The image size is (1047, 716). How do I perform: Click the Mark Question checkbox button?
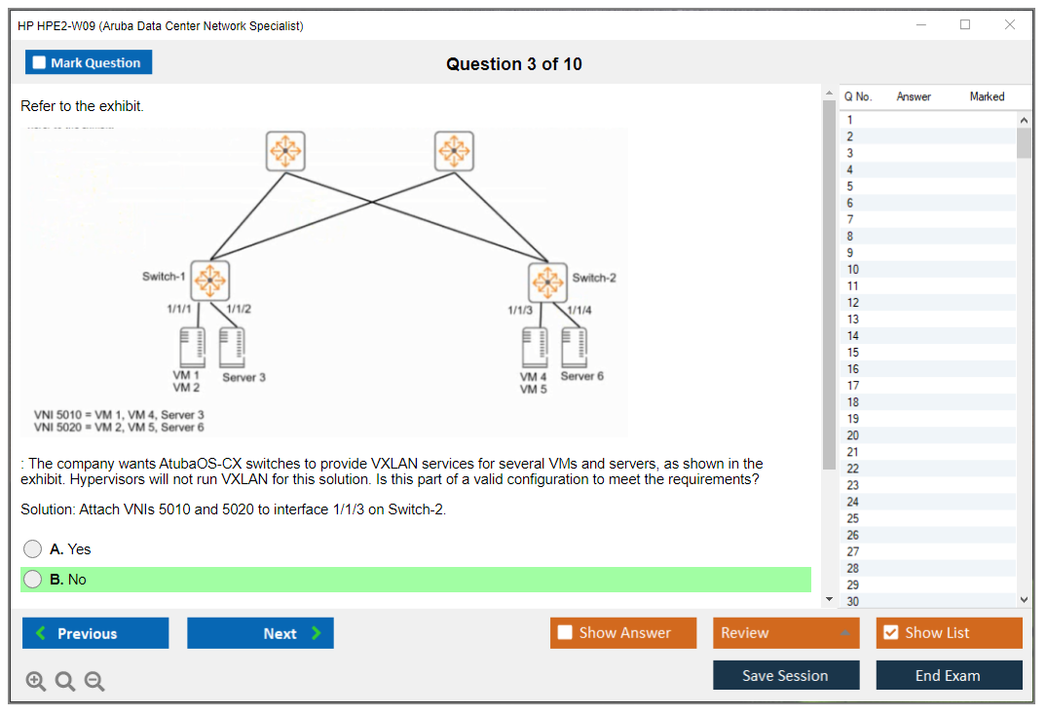click(88, 62)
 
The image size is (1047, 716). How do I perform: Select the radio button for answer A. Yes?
click(33, 549)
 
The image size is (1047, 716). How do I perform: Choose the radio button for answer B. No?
click(33, 580)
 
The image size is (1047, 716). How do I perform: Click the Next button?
click(260, 633)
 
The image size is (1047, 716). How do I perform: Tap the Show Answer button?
click(622, 633)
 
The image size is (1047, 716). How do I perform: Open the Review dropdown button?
click(786, 633)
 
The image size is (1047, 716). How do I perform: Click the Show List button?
click(949, 633)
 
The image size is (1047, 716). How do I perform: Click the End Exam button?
click(949, 676)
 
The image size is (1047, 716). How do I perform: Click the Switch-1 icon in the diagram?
click(208, 280)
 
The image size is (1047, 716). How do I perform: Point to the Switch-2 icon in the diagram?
click(547, 282)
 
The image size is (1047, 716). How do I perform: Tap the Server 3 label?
click(243, 377)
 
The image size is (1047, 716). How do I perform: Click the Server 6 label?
click(581, 376)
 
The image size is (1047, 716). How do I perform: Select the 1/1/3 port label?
click(520, 310)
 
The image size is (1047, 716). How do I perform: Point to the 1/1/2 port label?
click(238, 309)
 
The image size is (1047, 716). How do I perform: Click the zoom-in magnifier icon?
click(36, 682)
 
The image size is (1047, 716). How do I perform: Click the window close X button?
click(1010, 25)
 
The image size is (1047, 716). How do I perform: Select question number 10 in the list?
click(852, 269)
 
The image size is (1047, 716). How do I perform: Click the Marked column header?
click(987, 96)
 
